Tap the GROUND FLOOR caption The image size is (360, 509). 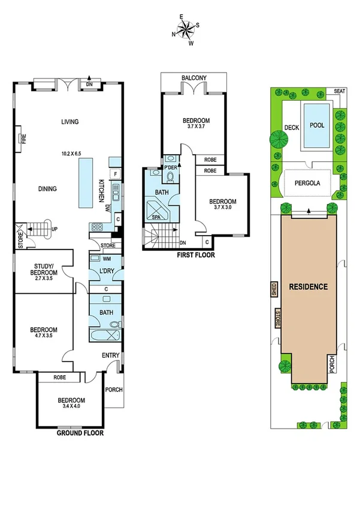(x=80, y=432)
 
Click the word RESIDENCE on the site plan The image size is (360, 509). (x=308, y=287)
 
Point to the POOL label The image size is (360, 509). (x=316, y=126)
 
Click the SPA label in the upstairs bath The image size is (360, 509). (x=158, y=217)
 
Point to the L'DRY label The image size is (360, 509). (x=106, y=272)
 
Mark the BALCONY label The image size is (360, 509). (x=194, y=78)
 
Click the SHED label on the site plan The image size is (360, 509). (x=274, y=290)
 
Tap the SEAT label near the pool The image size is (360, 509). (x=340, y=91)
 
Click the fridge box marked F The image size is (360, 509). (x=115, y=174)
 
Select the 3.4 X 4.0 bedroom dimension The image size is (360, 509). (x=71, y=407)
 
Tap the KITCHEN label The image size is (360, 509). (x=102, y=191)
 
